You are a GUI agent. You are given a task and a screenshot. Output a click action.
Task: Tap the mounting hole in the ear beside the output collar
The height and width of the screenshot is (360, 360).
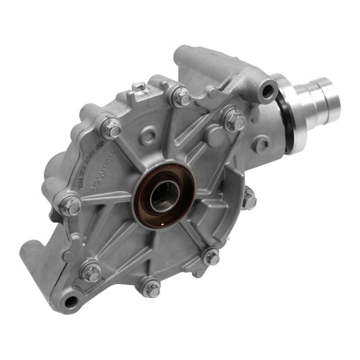[x=269, y=87]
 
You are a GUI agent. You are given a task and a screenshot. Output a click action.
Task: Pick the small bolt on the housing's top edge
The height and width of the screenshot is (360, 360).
[x=139, y=87]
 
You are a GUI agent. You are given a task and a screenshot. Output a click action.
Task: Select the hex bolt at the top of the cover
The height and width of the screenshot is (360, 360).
[x=182, y=96]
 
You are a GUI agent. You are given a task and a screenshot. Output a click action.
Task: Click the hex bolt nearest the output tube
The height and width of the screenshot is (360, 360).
[x=235, y=120]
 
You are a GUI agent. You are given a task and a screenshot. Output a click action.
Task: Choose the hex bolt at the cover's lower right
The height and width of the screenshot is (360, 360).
[x=211, y=256]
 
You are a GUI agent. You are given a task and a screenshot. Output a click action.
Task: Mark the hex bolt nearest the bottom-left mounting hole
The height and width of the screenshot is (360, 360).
[x=92, y=273]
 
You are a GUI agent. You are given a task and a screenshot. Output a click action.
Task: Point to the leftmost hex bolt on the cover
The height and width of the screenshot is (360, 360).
[x=70, y=205]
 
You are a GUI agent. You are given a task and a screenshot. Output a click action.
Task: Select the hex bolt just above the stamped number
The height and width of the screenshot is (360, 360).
[x=111, y=127]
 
